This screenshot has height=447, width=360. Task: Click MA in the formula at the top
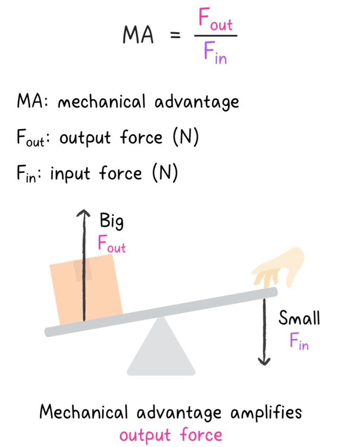pos(138,35)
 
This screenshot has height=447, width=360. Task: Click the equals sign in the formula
pos(175,36)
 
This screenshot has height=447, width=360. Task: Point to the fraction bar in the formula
pos(216,36)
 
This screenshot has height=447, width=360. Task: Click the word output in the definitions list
pos(85,138)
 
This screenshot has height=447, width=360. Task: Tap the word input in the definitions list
pos(70,174)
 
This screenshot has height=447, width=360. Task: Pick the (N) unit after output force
pos(186,137)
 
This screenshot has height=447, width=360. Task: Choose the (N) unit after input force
pos(165,173)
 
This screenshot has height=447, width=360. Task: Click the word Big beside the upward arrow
pos(111,221)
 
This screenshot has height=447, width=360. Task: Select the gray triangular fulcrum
pos(161,350)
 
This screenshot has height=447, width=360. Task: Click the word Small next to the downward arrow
pos(299,318)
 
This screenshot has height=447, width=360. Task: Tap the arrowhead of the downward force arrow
pos(264,361)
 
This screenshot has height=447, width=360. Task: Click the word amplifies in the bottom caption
pos(266,413)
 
